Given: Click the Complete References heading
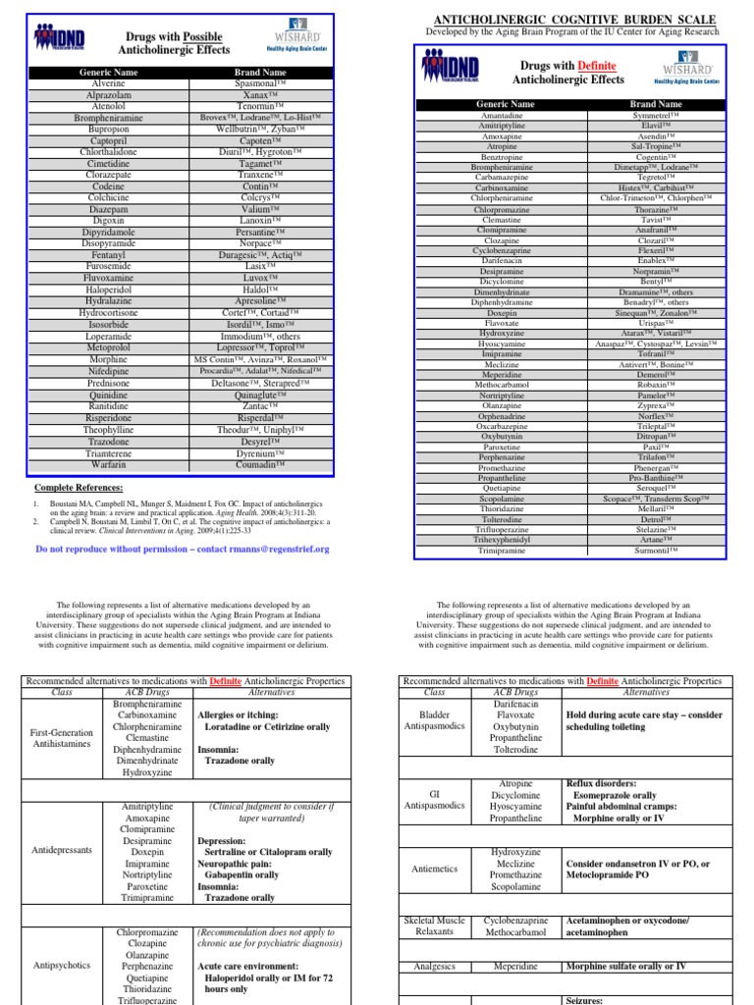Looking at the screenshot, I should pos(79,488).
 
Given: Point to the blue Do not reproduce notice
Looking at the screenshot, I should pos(183,550).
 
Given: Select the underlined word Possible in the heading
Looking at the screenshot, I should pos(201,36).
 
